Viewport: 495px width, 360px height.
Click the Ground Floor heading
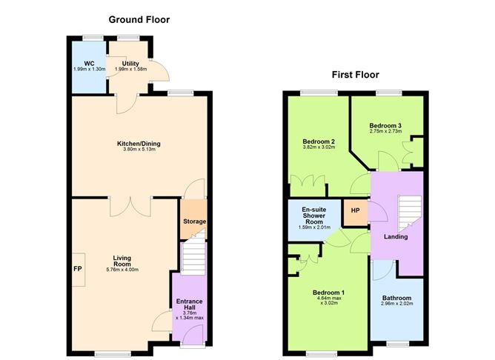pyautogui.click(x=139, y=19)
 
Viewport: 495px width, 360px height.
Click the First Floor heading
pyautogui.click(x=356, y=74)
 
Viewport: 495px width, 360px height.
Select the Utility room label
pyautogui.click(x=130, y=64)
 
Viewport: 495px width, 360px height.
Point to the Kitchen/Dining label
pyautogui.click(x=139, y=144)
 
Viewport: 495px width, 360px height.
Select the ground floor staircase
pyautogui.click(x=192, y=259)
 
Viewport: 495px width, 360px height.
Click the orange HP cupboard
pyautogui.click(x=355, y=211)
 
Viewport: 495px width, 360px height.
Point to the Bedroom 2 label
pyautogui.click(x=319, y=141)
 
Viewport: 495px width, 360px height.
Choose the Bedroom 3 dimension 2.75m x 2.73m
pyautogui.click(x=385, y=133)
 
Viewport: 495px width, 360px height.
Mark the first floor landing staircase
pyautogui.click(x=407, y=212)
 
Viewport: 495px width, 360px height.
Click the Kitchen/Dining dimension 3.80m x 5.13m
pyautogui.click(x=139, y=150)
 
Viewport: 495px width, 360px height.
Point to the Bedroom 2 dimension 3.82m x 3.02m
pyautogui.click(x=319, y=147)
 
